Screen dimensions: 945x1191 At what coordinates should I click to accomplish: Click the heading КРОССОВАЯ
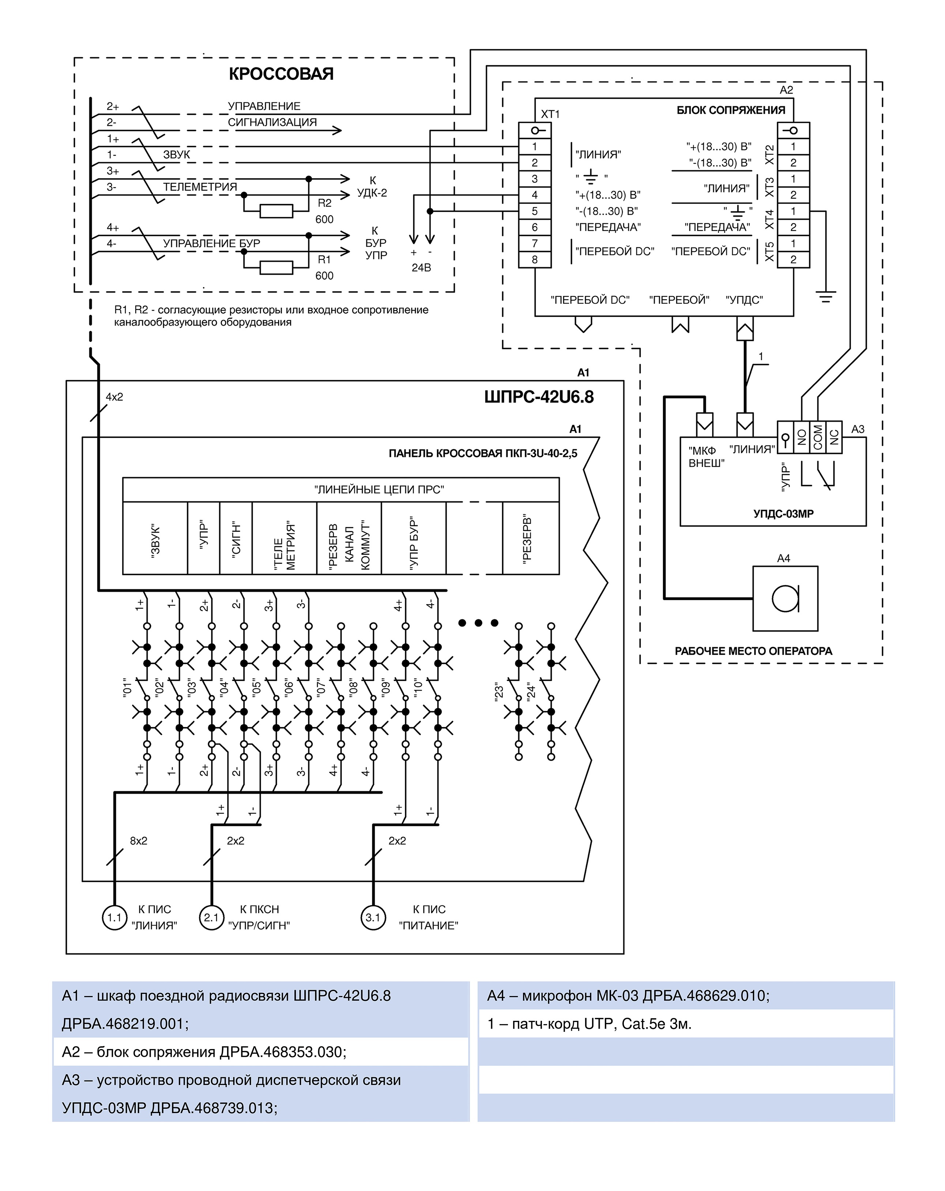pos(281,74)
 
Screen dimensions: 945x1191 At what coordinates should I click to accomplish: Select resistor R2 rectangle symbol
pos(276,211)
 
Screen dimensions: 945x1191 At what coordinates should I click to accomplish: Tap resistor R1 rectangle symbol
pos(276,267)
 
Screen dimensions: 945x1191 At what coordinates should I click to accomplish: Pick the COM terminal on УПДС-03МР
pos(817,437)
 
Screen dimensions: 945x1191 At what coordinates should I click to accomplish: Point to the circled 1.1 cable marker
pos(114,917)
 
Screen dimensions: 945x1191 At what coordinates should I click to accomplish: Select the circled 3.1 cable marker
pos(373,917)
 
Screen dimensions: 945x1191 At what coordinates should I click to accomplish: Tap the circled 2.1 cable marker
pos(211,917)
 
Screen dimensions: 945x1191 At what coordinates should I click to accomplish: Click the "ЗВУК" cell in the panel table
pos(155,538)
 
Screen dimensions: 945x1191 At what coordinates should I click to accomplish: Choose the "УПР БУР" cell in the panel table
pos(413,538)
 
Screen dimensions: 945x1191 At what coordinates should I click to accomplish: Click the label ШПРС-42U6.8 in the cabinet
pos(538,397)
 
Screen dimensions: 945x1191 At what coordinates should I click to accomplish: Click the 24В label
pos(421,268)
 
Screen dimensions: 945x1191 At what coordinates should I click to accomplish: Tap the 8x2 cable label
pos(139,841)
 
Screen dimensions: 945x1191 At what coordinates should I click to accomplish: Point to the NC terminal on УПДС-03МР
pos(834,437)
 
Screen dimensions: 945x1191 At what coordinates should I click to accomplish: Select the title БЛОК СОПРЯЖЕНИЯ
pos(731,110)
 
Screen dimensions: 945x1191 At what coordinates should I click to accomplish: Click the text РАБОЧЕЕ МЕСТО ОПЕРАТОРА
pos(753,651)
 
